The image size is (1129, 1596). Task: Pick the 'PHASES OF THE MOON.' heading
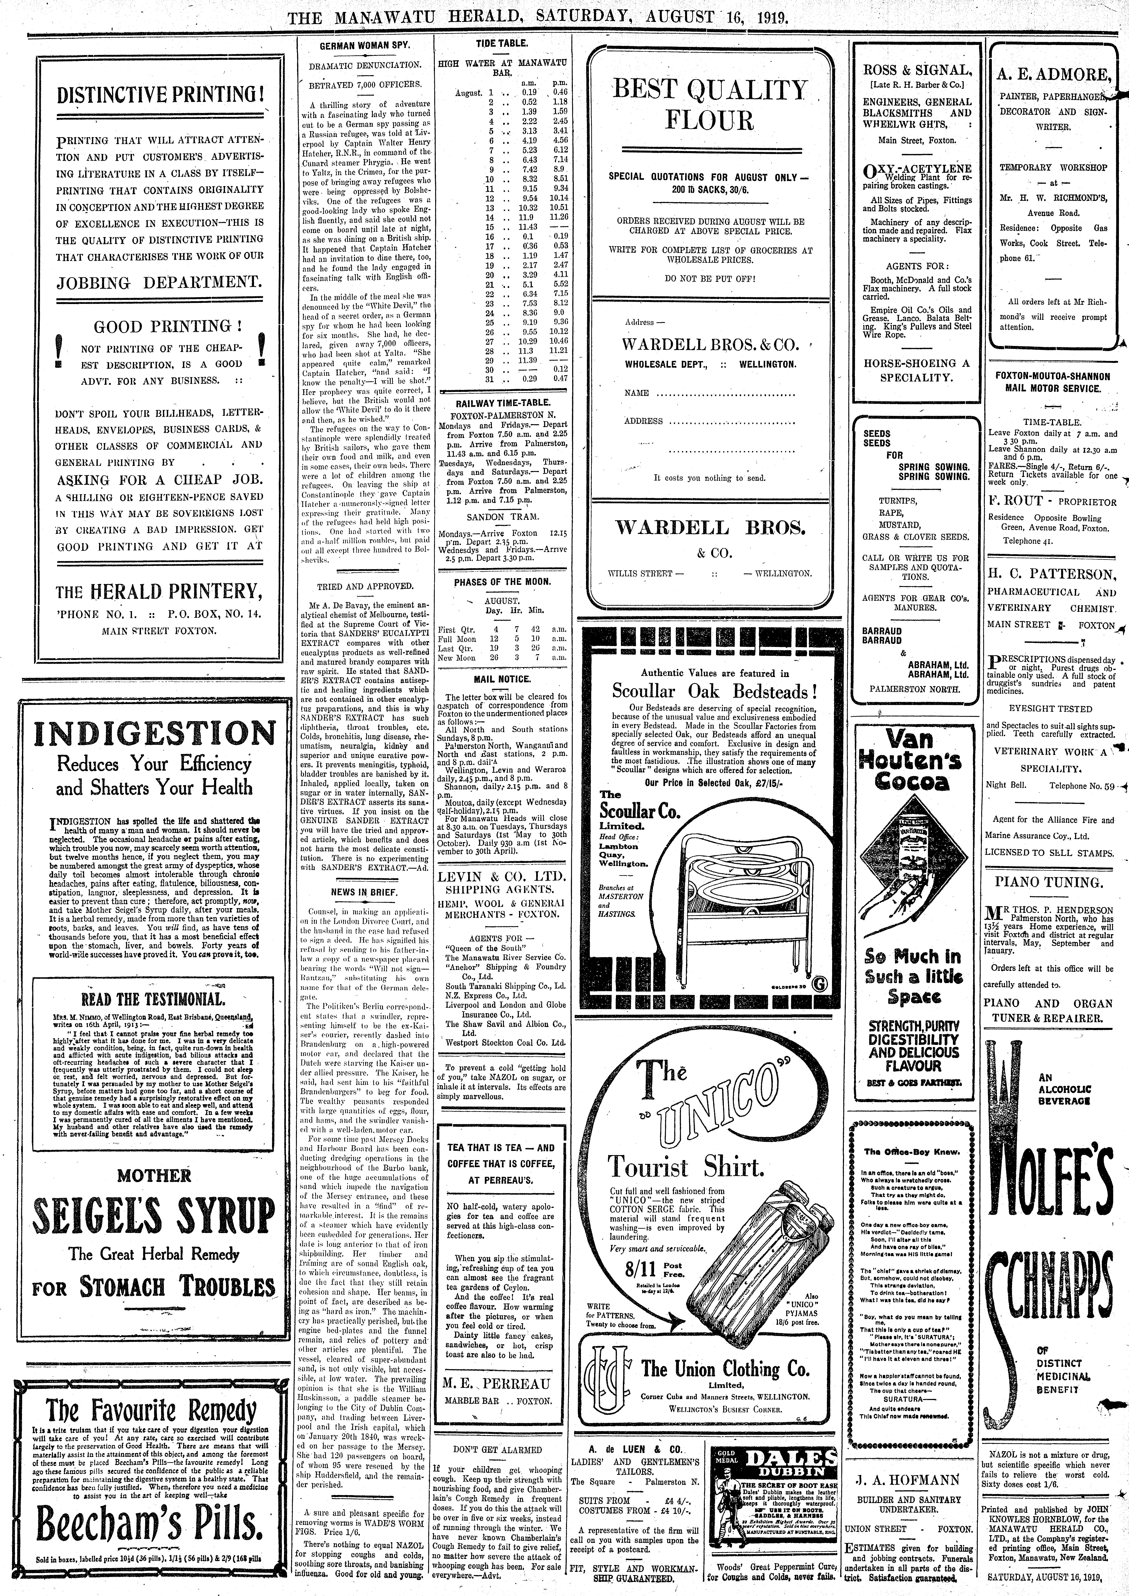(502, 581)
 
